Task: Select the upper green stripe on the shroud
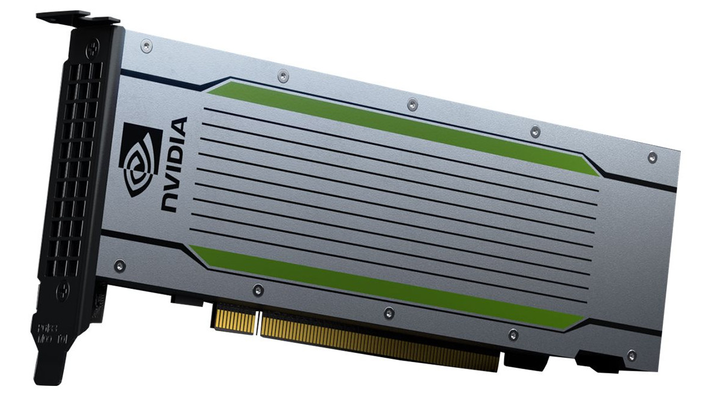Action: pyautogui.click(x=398, y=124)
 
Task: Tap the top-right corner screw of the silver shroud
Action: pyautogui.click(x=651, y=157)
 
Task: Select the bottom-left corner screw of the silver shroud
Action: pyautogui.click(x=119, y=264)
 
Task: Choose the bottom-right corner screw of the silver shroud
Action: pyautogui.click(x=631, y=355)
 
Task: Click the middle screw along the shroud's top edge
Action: pyautogui.click(x=412, y=104)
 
